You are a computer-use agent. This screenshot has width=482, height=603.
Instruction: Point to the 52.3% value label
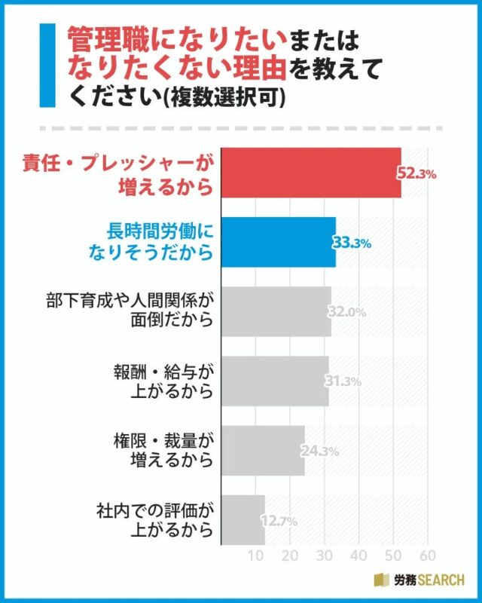[416, 174]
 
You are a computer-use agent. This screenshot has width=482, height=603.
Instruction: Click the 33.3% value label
[351, 243]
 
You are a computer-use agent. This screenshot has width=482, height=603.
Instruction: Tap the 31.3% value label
[343, 381]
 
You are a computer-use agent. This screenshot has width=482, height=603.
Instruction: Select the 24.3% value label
[319, 451]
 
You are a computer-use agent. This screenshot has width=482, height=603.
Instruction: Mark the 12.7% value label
[279, 521]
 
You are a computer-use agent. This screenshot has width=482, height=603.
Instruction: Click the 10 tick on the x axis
[257, 557]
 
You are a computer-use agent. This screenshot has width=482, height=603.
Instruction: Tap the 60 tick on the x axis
[427, 557]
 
